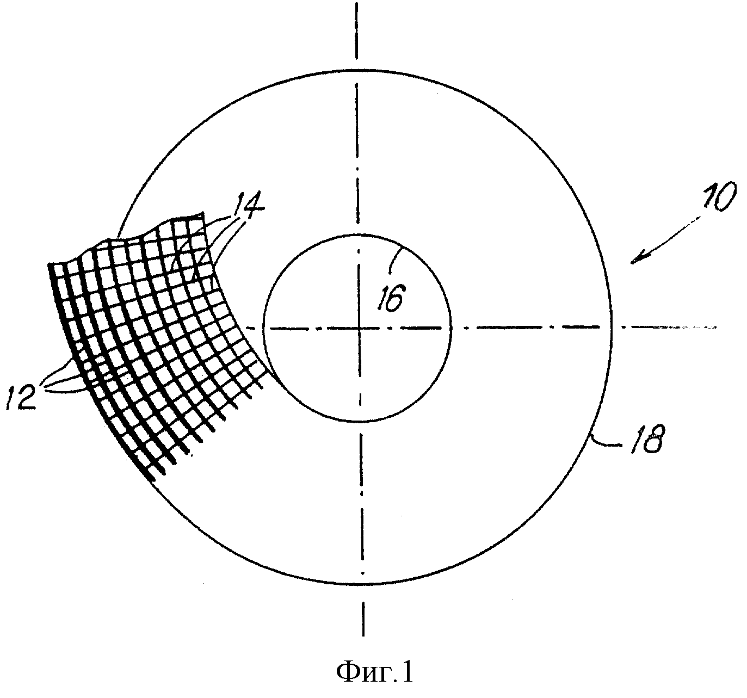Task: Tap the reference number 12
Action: tap(21, 397)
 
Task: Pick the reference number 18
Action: tap(645, 438)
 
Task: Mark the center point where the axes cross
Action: tap(359, 328)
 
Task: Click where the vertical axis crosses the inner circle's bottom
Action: tap(360, 422)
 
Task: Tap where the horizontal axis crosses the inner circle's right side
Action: tap(452, 328)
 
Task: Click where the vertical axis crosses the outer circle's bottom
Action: tap(362, 584)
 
